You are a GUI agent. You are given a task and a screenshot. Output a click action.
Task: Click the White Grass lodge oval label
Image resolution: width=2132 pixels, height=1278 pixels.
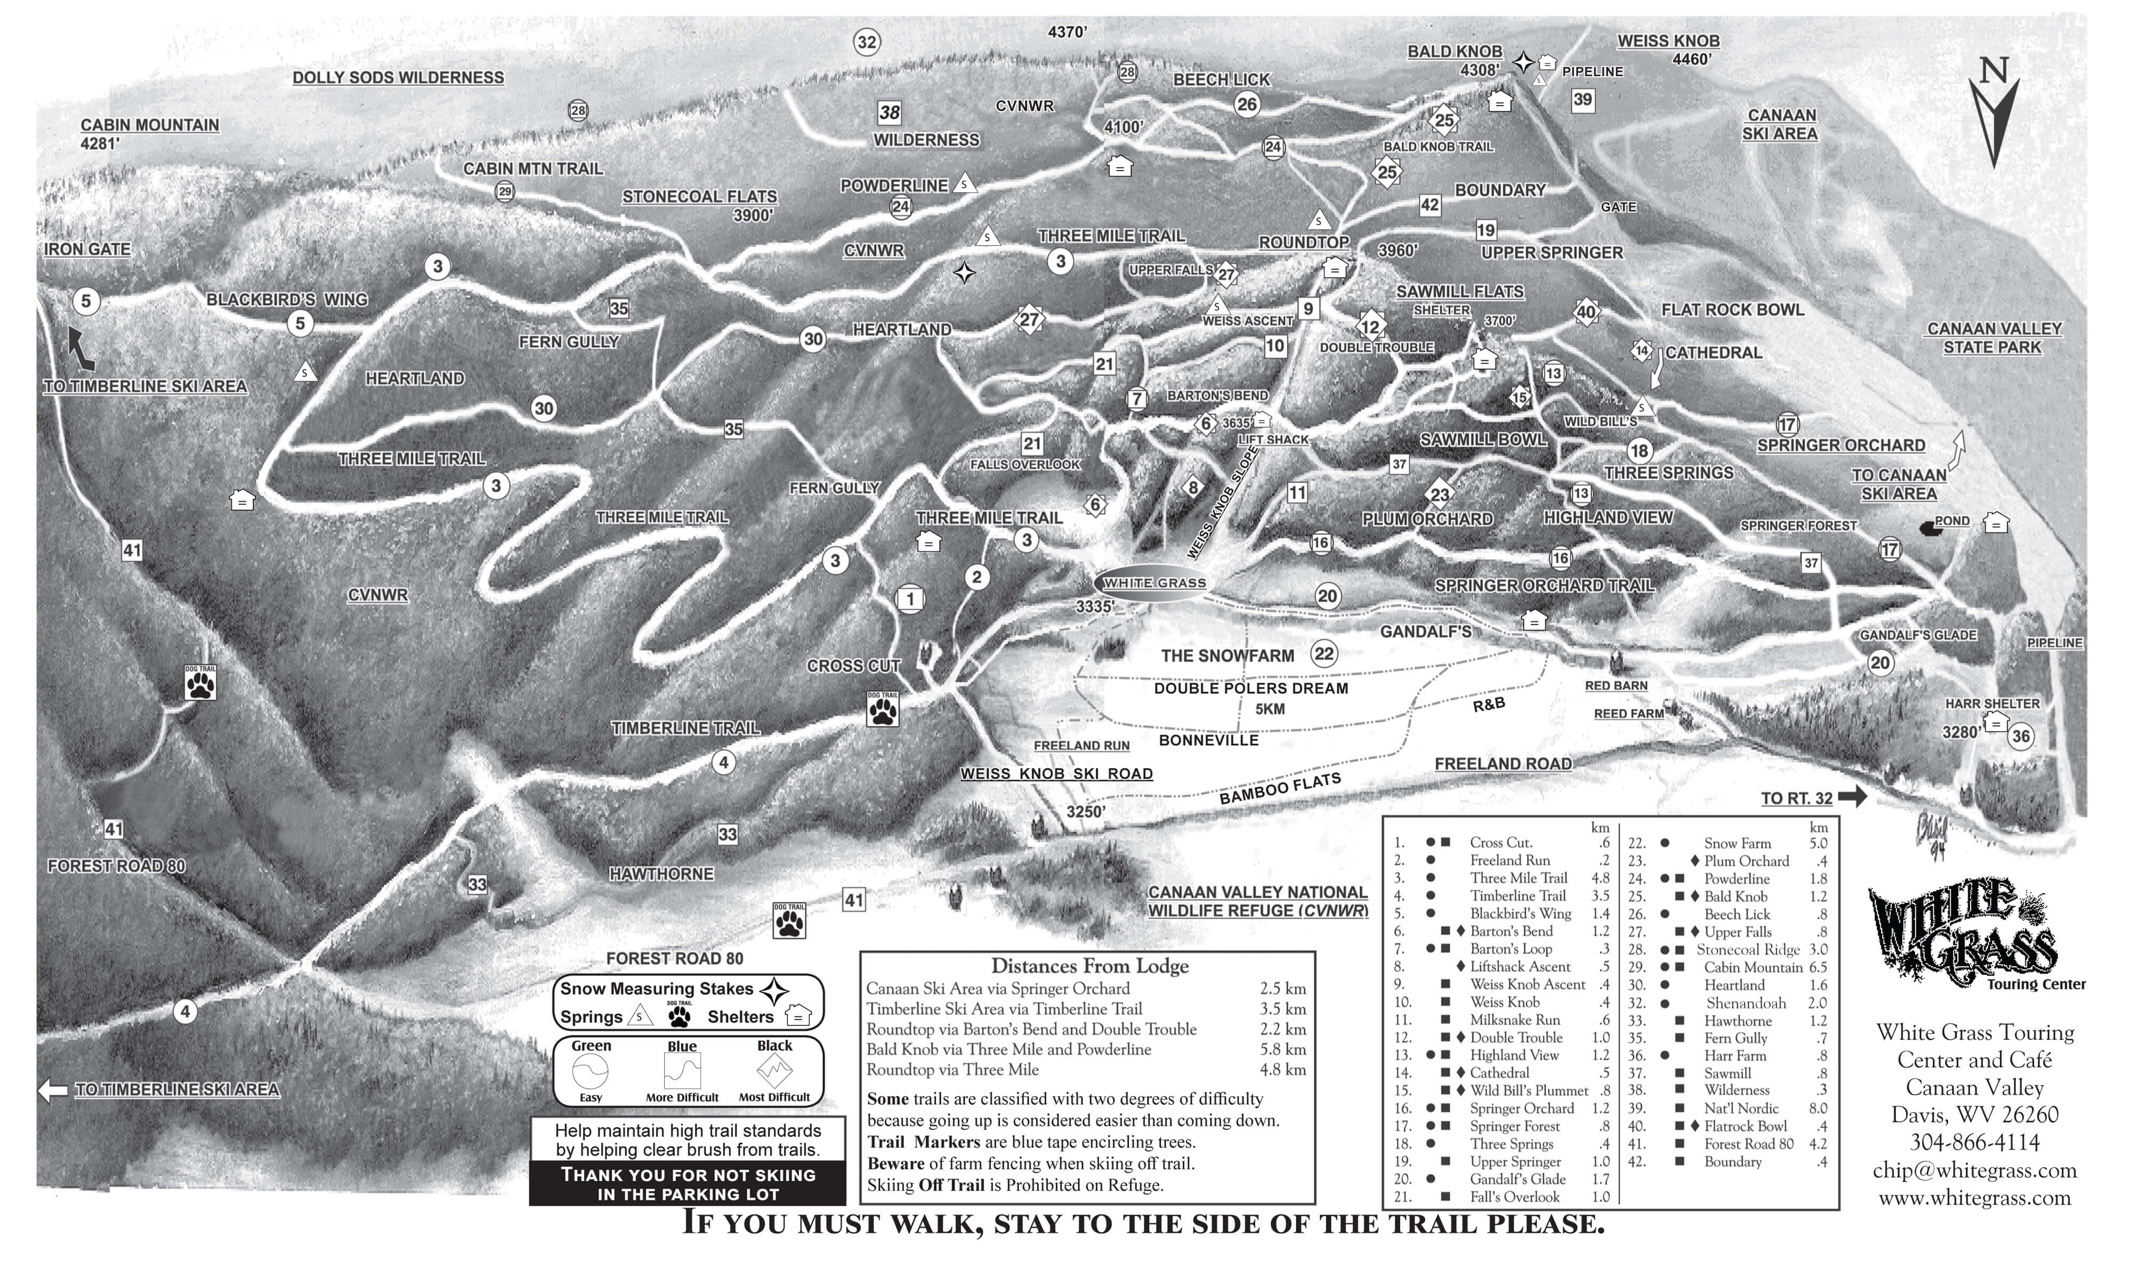coord(1154,583)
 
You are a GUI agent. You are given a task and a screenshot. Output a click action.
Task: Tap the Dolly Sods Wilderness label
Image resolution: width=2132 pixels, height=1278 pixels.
coord(398,77)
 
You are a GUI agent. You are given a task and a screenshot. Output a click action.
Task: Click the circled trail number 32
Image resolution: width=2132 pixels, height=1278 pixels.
coord(866,42)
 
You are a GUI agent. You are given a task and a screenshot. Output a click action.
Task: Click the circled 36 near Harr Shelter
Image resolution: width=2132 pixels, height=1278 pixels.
coord(2020,737)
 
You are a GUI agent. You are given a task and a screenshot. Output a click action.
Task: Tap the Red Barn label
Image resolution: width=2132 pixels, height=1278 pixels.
coord(1616,685)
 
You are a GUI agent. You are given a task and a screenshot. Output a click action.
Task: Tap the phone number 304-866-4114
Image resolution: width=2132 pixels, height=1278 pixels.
coord(1974,1143)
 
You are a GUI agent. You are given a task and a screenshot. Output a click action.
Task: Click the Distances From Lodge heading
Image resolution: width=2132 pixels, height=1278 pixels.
coord(1089,965)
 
